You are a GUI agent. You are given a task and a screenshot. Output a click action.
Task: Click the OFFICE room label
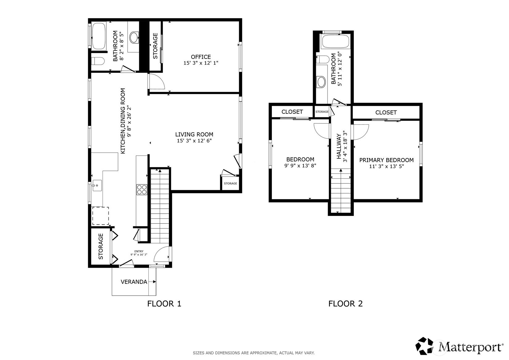[201, 57]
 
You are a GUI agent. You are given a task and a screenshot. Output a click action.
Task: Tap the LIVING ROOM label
[194, 135]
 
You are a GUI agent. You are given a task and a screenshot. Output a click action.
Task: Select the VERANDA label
[134, 282]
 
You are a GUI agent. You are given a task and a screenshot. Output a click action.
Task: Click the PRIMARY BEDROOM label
[386, 160]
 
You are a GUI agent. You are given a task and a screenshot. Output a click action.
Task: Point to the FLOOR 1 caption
[164, 304]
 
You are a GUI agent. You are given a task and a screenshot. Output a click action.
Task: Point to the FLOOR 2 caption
[346, 304]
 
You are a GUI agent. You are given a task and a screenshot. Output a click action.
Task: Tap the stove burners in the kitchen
[142, 190]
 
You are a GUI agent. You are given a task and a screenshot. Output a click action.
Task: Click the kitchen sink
[97, 185]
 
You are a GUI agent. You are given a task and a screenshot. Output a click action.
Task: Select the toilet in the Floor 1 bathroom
[98, 61]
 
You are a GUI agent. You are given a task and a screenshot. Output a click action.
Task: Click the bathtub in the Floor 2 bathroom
[336, 41]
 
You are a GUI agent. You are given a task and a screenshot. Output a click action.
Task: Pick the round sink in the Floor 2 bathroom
[321, 82]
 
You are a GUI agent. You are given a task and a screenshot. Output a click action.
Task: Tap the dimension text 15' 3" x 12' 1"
[201, 63]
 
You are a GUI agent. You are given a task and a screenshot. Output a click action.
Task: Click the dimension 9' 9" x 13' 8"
[300, 165]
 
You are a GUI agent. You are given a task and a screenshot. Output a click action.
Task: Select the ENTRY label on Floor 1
[139, 251]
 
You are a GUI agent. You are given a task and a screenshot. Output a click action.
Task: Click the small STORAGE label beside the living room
[231, 183]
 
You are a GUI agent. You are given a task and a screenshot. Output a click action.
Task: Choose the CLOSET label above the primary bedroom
[386, 112]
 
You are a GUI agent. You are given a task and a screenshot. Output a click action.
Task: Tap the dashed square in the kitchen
[100, 216]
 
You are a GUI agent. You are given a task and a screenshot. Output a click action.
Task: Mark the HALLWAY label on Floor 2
[339, 146]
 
